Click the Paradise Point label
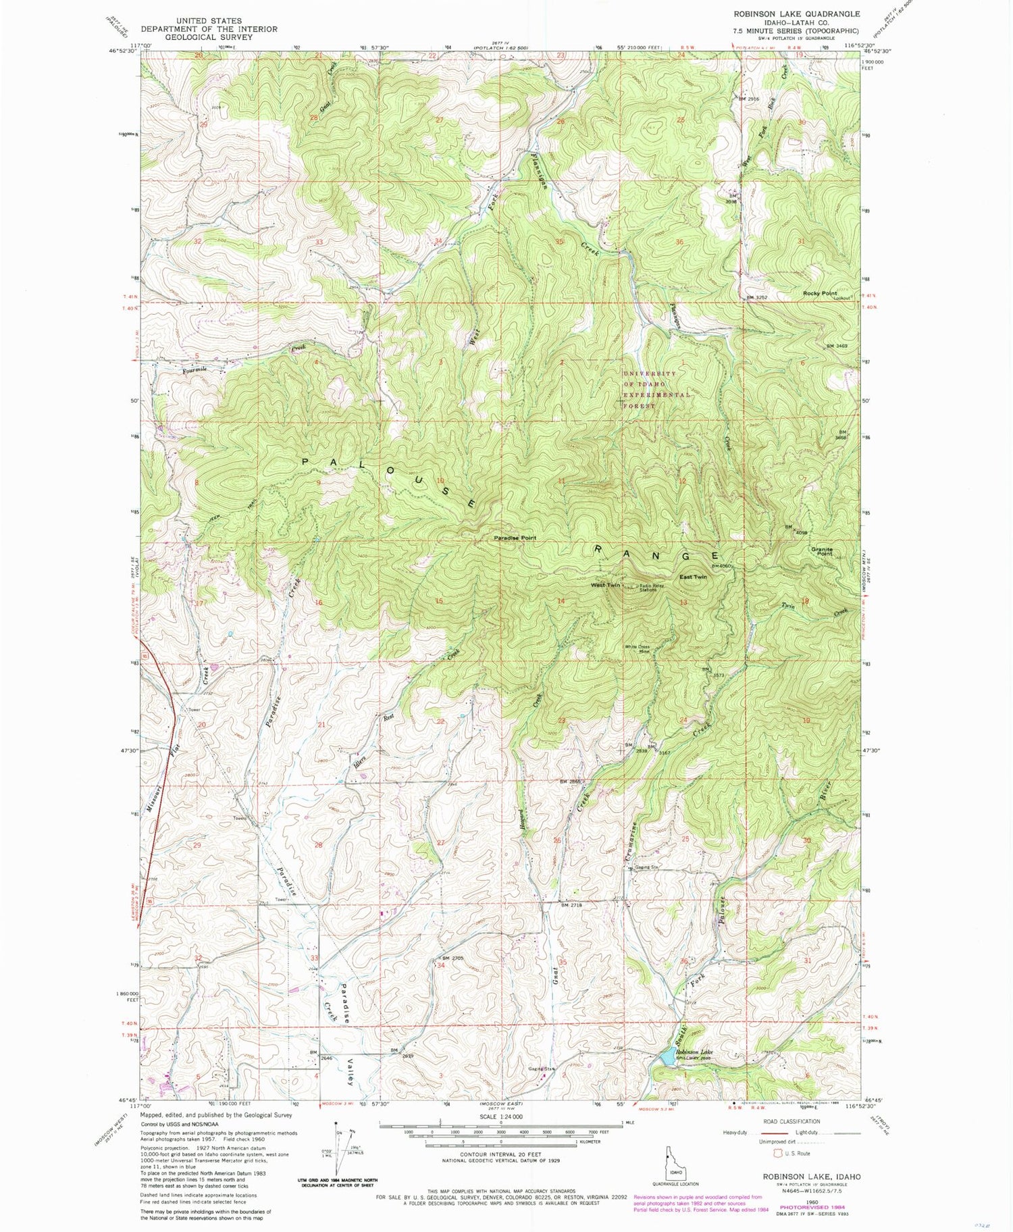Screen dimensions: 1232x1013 coord(515,538)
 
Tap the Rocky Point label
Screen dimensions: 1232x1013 coord(820,294)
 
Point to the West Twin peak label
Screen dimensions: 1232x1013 coord(605,585)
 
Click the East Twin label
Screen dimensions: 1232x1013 coord(693,577)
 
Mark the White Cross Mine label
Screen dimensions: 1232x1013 coord(637,649)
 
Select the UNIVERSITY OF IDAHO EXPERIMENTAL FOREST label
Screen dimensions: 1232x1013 coord(648,390)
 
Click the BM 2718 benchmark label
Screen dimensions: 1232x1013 coord(571,904)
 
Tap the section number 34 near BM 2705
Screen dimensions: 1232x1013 coord(441,965)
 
